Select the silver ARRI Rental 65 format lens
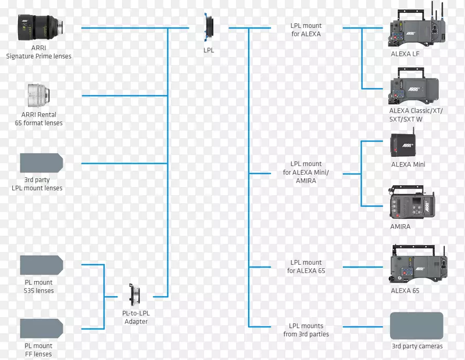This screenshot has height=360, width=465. point(38,95)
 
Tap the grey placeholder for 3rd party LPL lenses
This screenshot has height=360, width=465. point(41,163)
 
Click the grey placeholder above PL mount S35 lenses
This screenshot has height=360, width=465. point(41,265)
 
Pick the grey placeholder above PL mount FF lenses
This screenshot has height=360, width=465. point(41,328)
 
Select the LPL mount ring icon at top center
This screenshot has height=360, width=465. point(209,28)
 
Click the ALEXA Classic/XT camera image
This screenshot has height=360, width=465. point(416,87)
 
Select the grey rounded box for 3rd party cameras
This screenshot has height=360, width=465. point(416,326)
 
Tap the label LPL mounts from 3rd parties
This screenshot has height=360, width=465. point(306,330)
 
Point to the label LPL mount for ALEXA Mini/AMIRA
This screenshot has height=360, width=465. point(306,172)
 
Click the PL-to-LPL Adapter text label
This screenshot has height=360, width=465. point(137,318)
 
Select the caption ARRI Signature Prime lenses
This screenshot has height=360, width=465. point(39,52)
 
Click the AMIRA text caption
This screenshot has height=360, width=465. point(400,226)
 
